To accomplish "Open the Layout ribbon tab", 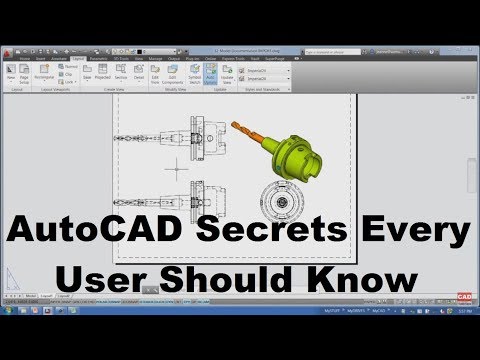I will pyautogui.click(x=77, y=59).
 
